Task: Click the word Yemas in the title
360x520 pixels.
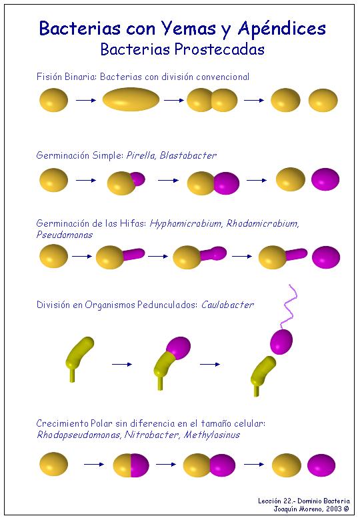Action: tap(189, 28)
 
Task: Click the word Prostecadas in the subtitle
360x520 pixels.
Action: tap(219, 50)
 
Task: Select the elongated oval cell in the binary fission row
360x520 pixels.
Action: tap(131, 99)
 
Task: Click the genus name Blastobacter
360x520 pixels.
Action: tap(188, 155)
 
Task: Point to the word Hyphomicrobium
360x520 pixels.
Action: tap(185, 223)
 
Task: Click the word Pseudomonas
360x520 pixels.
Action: tap(64, 235)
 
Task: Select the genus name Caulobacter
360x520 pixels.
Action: tap(227, 305)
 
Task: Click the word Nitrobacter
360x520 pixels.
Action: tap(152, 435)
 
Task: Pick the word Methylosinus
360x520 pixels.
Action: tap(212, 435)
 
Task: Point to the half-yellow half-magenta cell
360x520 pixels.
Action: tap(131, 465)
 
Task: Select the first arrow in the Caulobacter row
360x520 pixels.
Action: tap(122, 364)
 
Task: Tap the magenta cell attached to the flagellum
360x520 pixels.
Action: tap(281, 341)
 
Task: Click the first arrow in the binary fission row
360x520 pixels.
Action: tap(86, 100)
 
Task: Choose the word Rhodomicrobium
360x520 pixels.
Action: tap(263, 223)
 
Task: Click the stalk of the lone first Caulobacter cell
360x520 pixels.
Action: tap(72, 375)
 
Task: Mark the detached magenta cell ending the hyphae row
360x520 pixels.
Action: tap(326, 257)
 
